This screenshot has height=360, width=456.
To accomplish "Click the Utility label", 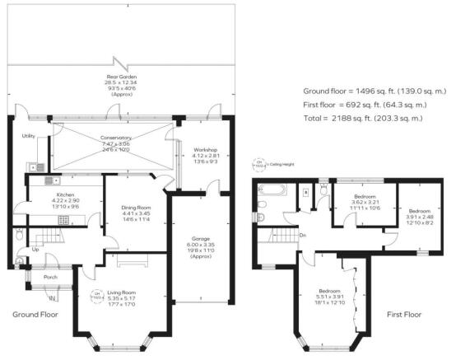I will click(x=28, y=134).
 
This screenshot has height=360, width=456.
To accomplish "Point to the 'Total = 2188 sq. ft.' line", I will click(x=363, y=119).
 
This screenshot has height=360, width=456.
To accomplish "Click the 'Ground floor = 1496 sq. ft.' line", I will click(x=369, y=90).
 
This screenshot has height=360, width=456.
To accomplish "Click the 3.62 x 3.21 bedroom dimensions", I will click(x=364, y=202).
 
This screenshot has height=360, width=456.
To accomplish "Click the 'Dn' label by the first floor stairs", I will click(x=303, y=236).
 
